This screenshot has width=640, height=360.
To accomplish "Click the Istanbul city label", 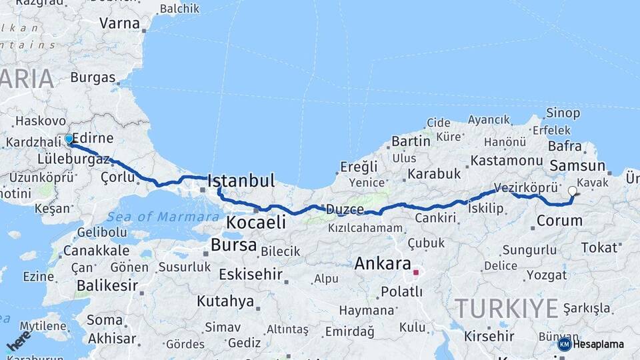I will coord(241,181).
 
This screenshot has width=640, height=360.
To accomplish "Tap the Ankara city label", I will coord(382,263).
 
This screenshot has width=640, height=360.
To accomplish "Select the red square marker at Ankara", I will coord(416,273).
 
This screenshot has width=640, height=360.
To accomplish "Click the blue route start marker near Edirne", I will coord(69,139).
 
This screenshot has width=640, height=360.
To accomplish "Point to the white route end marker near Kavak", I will coord(572,191).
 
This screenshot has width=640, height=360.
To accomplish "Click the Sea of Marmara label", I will coord(163,217).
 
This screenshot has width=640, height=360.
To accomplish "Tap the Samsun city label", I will coord(578,167).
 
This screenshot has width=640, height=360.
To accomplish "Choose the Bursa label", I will coord(233,245).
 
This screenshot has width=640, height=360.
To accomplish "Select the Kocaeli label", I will coord(256,222).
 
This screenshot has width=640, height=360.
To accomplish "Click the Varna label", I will coord(119,23).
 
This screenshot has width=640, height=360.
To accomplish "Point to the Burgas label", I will coord(93,77).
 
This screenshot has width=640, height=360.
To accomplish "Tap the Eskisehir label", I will coord(253,274).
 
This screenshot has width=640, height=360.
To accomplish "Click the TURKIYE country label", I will coord(506,309).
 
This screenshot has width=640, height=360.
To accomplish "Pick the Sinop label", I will coord(563,113).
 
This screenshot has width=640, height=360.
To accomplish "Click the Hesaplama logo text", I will coord(598,344).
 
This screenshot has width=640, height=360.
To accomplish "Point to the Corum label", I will coord(559,220).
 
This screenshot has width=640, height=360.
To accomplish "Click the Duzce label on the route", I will coord(345,209).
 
